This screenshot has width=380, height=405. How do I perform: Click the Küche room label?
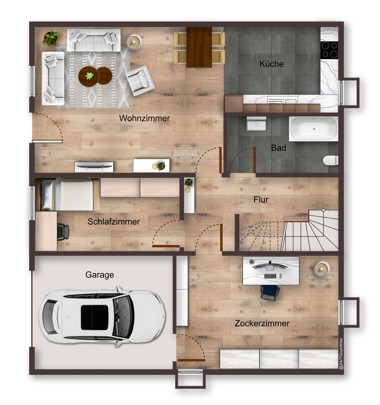tap(271, 64)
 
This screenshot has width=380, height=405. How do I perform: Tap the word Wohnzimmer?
tap(145, 118)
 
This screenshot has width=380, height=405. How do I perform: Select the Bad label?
tap(278, 148)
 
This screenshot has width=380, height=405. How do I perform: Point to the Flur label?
tap(261, 200)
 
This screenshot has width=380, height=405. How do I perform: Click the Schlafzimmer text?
tap(114, 222)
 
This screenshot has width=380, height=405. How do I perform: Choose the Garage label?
tap(99, 275)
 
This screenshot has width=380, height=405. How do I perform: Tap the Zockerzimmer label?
tap(262, 323)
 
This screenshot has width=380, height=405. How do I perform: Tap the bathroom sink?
tap(256, 124)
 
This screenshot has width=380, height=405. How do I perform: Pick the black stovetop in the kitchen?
tap(329, 50)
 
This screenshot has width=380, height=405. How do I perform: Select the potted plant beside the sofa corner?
tap(51, 38)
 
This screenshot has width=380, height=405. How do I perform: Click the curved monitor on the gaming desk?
tap(270, 266)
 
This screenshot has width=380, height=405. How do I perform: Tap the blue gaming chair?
tap(270, 292)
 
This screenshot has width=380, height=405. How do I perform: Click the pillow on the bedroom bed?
tap(47, 195)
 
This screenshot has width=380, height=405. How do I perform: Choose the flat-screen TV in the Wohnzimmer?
tap(94, 165)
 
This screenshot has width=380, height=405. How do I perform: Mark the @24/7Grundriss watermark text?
tap(341, 354)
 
